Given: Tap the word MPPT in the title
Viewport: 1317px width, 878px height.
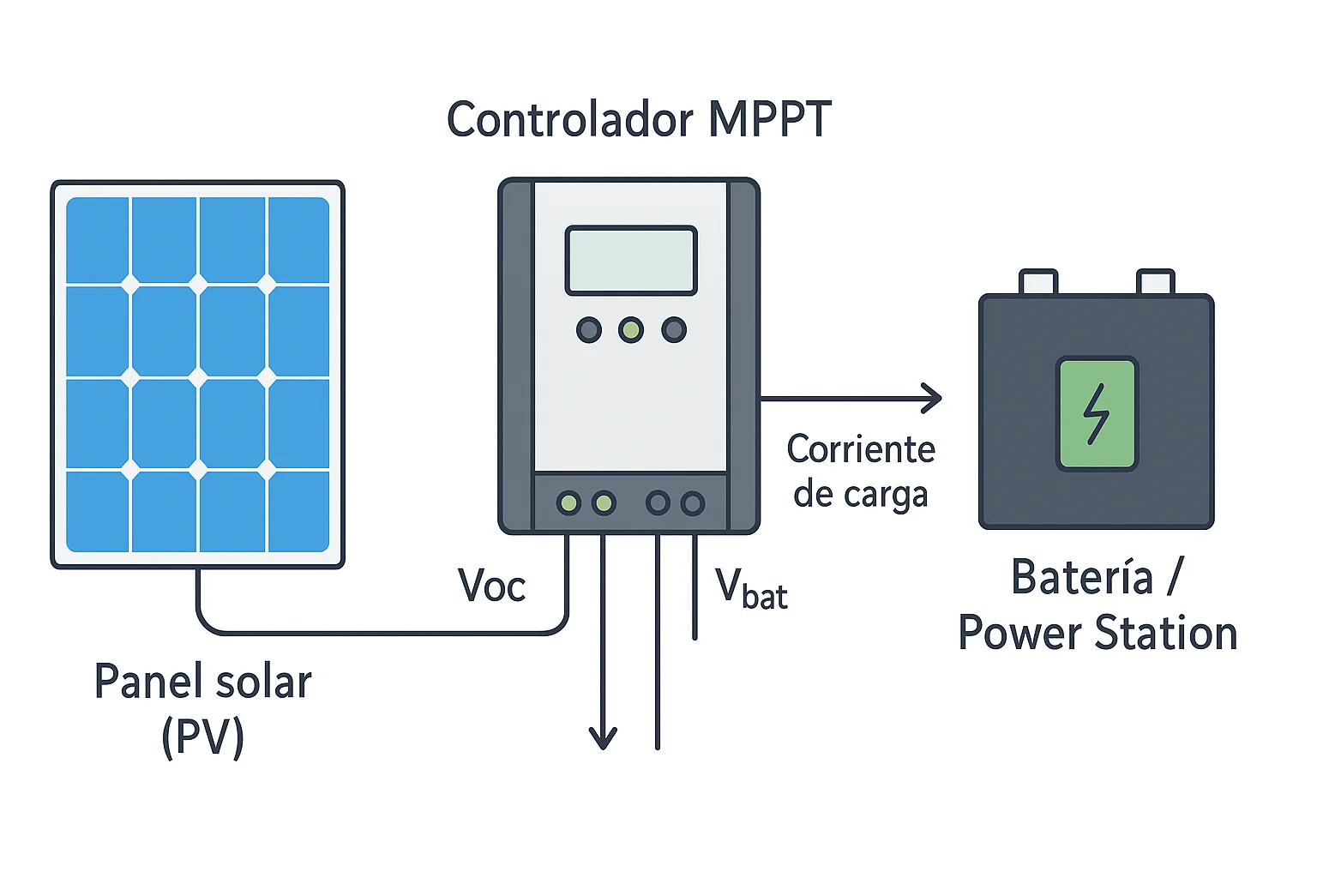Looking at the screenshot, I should pyautogui.click(x=769, y=119).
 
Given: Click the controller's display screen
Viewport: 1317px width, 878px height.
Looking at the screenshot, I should pyautogui.click(x=631, y=261).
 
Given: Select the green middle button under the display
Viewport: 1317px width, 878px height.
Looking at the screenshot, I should pyautogui.click(x=631, y=330).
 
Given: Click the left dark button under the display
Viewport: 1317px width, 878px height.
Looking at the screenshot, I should pyautogui.click(x=589, y=330).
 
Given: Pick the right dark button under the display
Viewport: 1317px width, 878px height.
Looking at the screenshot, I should pyautogui.click(x=674, y=330).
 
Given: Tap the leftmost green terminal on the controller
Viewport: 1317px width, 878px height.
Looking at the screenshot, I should pyautogui.click(x=568, y=503).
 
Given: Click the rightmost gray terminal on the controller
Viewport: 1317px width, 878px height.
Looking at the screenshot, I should pyautogui.click(x=693, y=503).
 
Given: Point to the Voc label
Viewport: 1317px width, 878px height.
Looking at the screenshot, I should pyautogui.click(x=491, y=586).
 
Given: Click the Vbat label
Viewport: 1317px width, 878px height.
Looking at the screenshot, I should pyautogui.click(x=751, y=589).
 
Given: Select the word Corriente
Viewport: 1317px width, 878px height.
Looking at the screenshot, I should pyautogui.click(x=861, y=449).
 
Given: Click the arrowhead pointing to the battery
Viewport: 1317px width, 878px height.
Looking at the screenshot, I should pyautogui.click(x=933, y=398).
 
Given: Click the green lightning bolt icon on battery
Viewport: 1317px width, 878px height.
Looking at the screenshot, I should pyautogui.click(x=1097, y=414).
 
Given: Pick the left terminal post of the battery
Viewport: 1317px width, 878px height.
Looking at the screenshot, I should pyautogui.click(x=1038, y=282).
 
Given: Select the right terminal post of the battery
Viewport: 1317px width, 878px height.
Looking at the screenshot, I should pyautogui.click(x=1155, y=282).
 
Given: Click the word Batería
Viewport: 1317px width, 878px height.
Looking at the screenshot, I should pyautogui.click(x=1082, y=577).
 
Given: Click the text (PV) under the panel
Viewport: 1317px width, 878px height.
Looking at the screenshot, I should pyautogui.click(x=203, y=737).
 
